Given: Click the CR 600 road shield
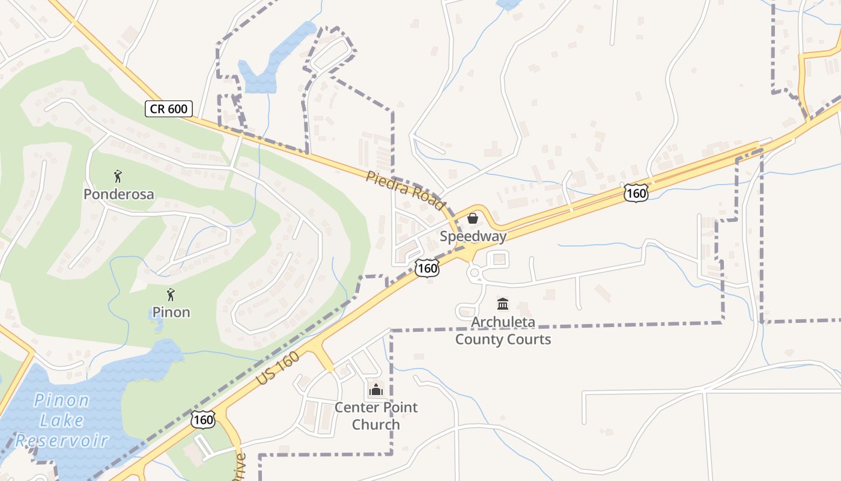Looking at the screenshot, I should [169, 109].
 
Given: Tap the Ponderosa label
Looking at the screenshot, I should [118, 194].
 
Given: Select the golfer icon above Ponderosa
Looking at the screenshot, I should [118, 177].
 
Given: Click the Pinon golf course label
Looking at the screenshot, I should [171, 312].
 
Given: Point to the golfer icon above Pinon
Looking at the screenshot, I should [171, 295].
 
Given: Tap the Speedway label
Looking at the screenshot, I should [473, 236].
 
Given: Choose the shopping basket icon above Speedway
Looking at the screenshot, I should [473, 218].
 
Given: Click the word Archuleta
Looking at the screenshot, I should [503, 322].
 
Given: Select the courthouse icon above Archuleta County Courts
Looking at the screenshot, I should [503, 304].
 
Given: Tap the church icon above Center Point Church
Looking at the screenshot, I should [376, 390].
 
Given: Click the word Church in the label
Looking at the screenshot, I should [376, 424].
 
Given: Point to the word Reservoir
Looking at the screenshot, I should [62, 440].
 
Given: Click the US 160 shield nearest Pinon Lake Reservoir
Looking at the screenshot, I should [203, 420].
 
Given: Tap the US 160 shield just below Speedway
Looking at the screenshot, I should [427, 268].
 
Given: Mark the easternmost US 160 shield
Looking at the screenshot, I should [636, 193].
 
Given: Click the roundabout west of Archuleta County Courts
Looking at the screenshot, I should [476, 274].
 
